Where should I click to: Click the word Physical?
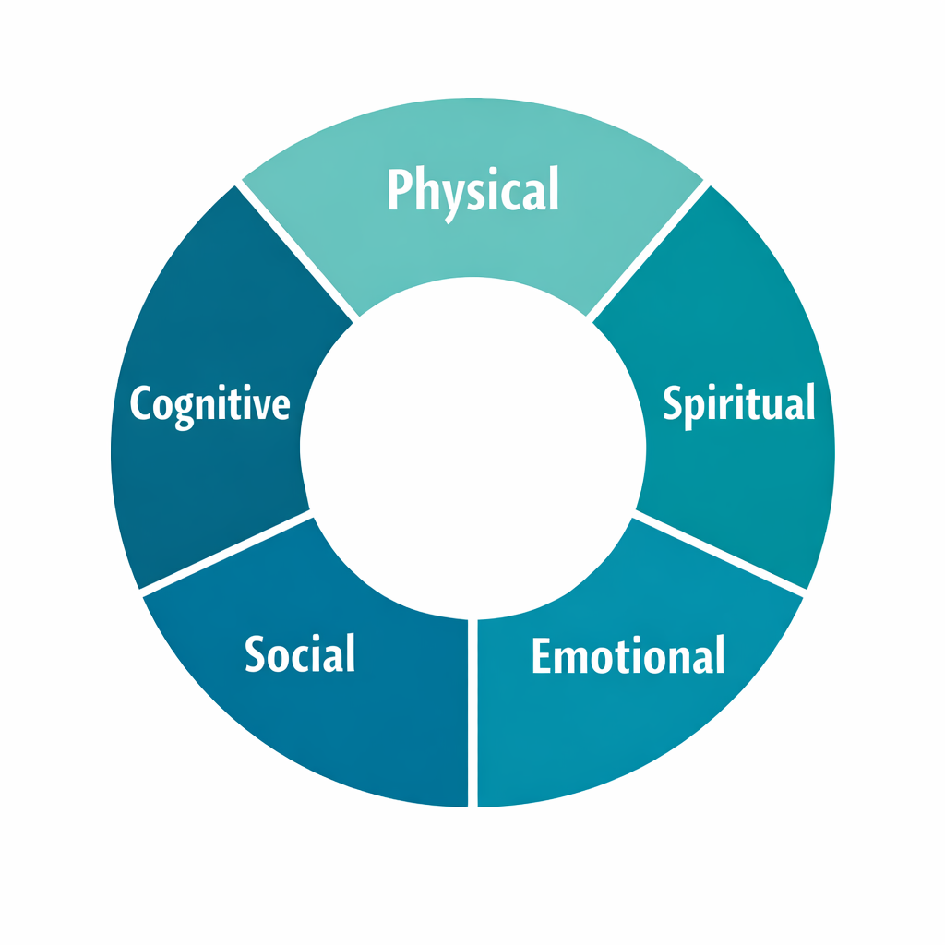472,190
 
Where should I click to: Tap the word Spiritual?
739,404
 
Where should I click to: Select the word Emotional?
628,655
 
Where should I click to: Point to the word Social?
300,653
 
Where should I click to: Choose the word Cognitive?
209,404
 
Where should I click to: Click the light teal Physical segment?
472,240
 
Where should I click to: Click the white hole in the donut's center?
472,449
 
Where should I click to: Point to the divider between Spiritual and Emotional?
720,552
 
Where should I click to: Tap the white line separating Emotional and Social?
472,711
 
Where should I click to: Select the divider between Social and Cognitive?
226,552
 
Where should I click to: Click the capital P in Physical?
398,190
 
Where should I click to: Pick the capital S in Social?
256,653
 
